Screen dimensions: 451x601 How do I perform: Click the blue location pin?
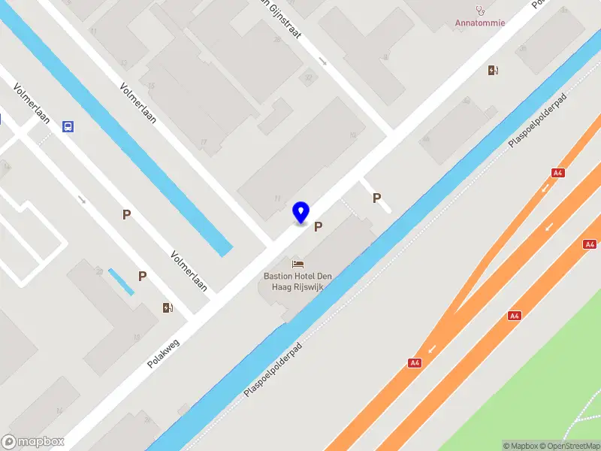(x=300, y=212)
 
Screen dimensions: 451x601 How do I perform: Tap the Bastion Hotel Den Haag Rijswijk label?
(x=297, y=281)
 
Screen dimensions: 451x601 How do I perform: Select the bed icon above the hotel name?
(x=298, y=264)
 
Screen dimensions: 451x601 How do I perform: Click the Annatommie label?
(x=480, y=23)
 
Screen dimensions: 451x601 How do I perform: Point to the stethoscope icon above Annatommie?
(x=480, y=10)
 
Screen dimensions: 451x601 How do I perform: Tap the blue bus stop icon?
(x=68, y=127)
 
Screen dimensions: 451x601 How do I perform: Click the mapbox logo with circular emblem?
(x=32, y=442)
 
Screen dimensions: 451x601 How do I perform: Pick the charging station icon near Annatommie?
(x=494, y=70)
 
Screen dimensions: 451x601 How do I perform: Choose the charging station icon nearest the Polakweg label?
(x=168, y=307)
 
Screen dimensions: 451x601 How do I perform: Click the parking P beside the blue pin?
(x=319, y=226)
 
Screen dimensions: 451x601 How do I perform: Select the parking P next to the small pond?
(x=142, y=276)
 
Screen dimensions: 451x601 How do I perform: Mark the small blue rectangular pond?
(x=120, y=281)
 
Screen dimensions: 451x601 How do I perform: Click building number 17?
(x=203, y=143)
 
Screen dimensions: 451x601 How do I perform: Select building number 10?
(x=352, y=135)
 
